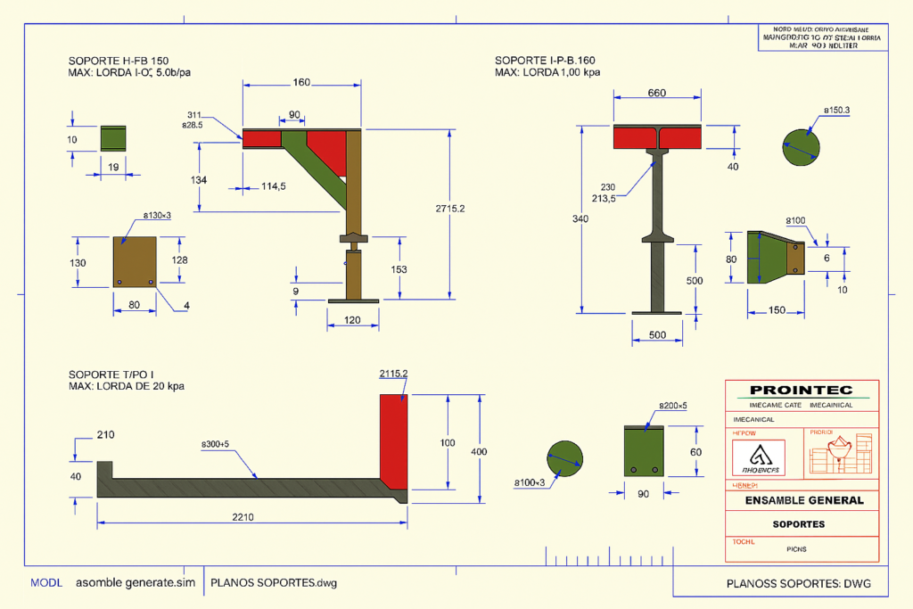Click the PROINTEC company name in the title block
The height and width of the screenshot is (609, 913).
pyautogui.click(x=801, y=390)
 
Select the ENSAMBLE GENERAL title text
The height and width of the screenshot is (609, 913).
pyautogui.click(x=804, y=500)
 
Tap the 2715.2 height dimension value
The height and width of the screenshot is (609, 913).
pyautogui.click(x=450, y=208)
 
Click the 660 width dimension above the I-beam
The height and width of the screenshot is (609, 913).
pyautogui.click(x=657, y=94)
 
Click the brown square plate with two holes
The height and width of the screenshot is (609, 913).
pyautogui.click(x=135, y=261)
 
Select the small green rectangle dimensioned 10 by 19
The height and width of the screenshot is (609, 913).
pyautogui.click(x=113, y=138)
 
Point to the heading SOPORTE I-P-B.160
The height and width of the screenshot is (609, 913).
pyautogui.click(x=546, y=60)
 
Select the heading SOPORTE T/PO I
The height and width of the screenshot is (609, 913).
pyautogui.click(x=113, y=374)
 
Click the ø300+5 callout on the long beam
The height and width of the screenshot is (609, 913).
pyautogui.click(x=215, y=443)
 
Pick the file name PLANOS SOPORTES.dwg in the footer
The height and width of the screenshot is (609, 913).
pyautogui.click(x=274, y=582)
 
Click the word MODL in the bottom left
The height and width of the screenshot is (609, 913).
pyautogui.click(x=46, y=582)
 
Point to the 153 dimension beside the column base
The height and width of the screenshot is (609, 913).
pyautogui.click(x=399, y=269)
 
